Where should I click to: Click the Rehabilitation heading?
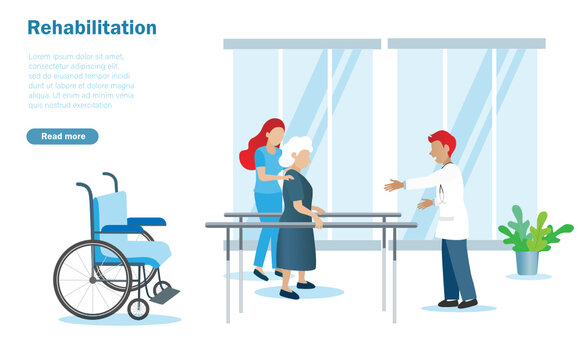(92, 28)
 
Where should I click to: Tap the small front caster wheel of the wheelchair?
(138, 308)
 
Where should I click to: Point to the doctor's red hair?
(442, 142)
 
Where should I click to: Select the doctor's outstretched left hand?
(393, 185)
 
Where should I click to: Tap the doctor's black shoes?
(457, 303)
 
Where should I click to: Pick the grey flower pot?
(527, 262)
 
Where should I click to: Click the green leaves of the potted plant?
(530, 232)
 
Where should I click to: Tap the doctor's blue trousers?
(458, 268)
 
